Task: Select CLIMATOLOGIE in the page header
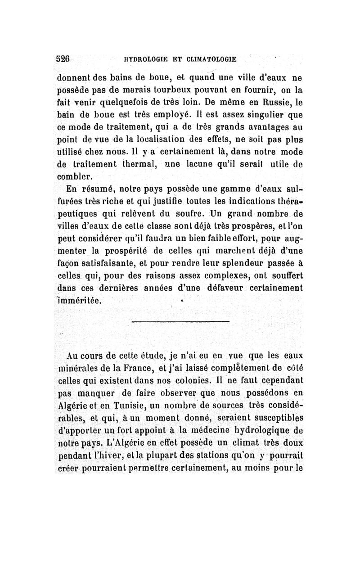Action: [212, 59]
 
